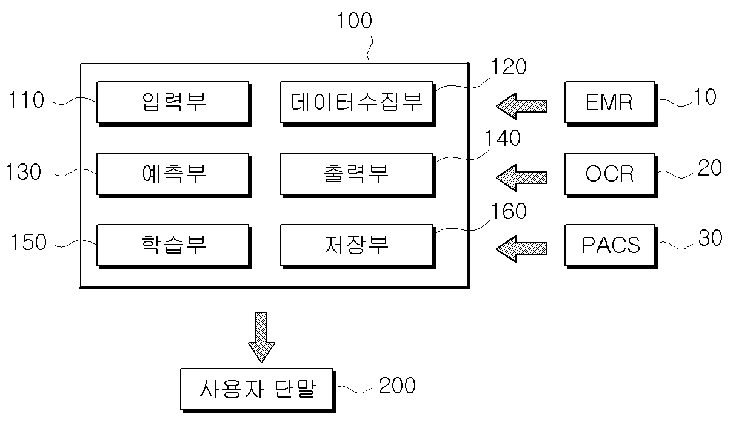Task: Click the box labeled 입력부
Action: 174,103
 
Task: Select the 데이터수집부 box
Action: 358,103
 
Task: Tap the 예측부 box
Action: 174,175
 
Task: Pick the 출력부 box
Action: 358,175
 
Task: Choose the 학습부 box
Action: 174,246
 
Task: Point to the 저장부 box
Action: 358,246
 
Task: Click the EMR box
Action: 611,103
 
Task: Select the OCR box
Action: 611,175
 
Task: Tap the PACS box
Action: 611,246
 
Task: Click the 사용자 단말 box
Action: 258,390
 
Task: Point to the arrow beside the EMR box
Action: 521,106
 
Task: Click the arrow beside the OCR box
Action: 521,177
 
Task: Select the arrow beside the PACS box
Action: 521,249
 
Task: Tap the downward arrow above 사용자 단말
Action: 261,337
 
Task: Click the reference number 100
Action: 354,21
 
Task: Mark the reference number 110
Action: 26,100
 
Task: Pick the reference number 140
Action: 503,138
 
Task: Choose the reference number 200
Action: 397,386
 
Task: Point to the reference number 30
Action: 711,238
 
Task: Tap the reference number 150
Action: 28,242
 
